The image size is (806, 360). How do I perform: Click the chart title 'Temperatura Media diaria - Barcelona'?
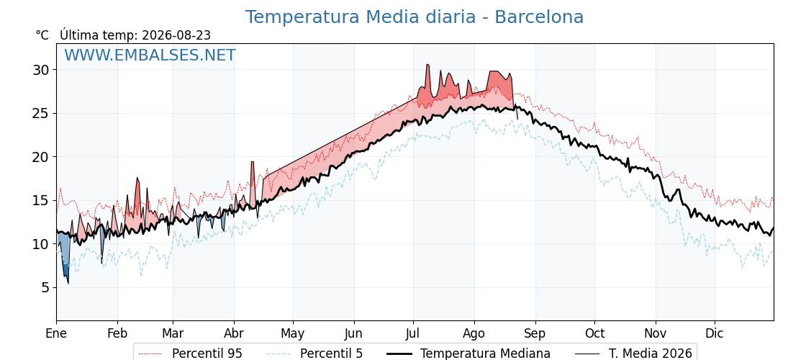click(x=415, y=17)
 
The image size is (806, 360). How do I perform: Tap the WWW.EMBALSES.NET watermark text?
click(x=150, y=55)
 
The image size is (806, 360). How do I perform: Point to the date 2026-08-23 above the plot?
click(x=176, y=35)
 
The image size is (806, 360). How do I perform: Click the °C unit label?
click(x=42, y=35)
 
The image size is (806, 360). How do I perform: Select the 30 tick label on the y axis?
click(x=42, y=69)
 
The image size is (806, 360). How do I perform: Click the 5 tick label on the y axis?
click(x=46, y=287)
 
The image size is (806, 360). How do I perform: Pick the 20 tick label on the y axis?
click(x=42, y=157)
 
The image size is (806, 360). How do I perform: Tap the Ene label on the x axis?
click(x=56, y=333)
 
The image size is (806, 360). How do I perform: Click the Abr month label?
click(x=234, y=333)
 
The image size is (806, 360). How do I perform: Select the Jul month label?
click(x=413, y=333)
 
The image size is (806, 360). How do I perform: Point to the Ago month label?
click(x=474, y=334)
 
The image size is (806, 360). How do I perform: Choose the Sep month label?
click(x=535, y=334)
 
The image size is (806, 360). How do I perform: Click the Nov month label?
click(x=656, y=333)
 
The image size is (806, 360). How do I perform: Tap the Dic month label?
click(x=715, y=333)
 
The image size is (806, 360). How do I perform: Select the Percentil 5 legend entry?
click(x=315, y=354)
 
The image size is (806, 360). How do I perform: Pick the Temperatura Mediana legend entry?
click(x=468, y=354)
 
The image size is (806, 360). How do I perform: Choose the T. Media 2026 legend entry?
click(x=633, y=354)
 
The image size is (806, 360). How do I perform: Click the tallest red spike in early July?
click(x=427, y=77)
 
